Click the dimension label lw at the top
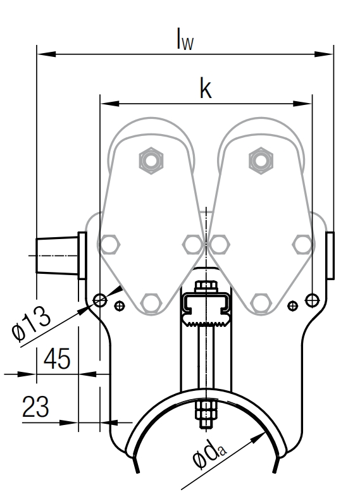pyautogui.click(x=185, y=39)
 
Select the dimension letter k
pyautogui.click(x=205, y=89)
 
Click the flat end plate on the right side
pyautogui.click(x=330, y=256)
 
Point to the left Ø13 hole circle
pyautogui.click(x=99, y=299)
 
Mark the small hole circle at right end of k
pyautogui.click(x=311, y=299)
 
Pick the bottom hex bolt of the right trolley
pyautogui.click(x=259, y=303)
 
